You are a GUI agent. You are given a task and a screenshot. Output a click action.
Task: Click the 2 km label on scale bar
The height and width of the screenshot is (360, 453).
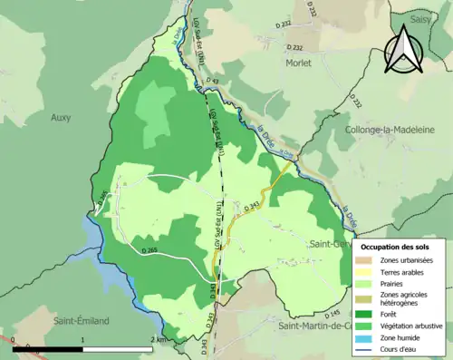159,340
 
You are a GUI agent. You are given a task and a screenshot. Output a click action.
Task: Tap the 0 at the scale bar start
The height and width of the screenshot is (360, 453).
14,340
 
